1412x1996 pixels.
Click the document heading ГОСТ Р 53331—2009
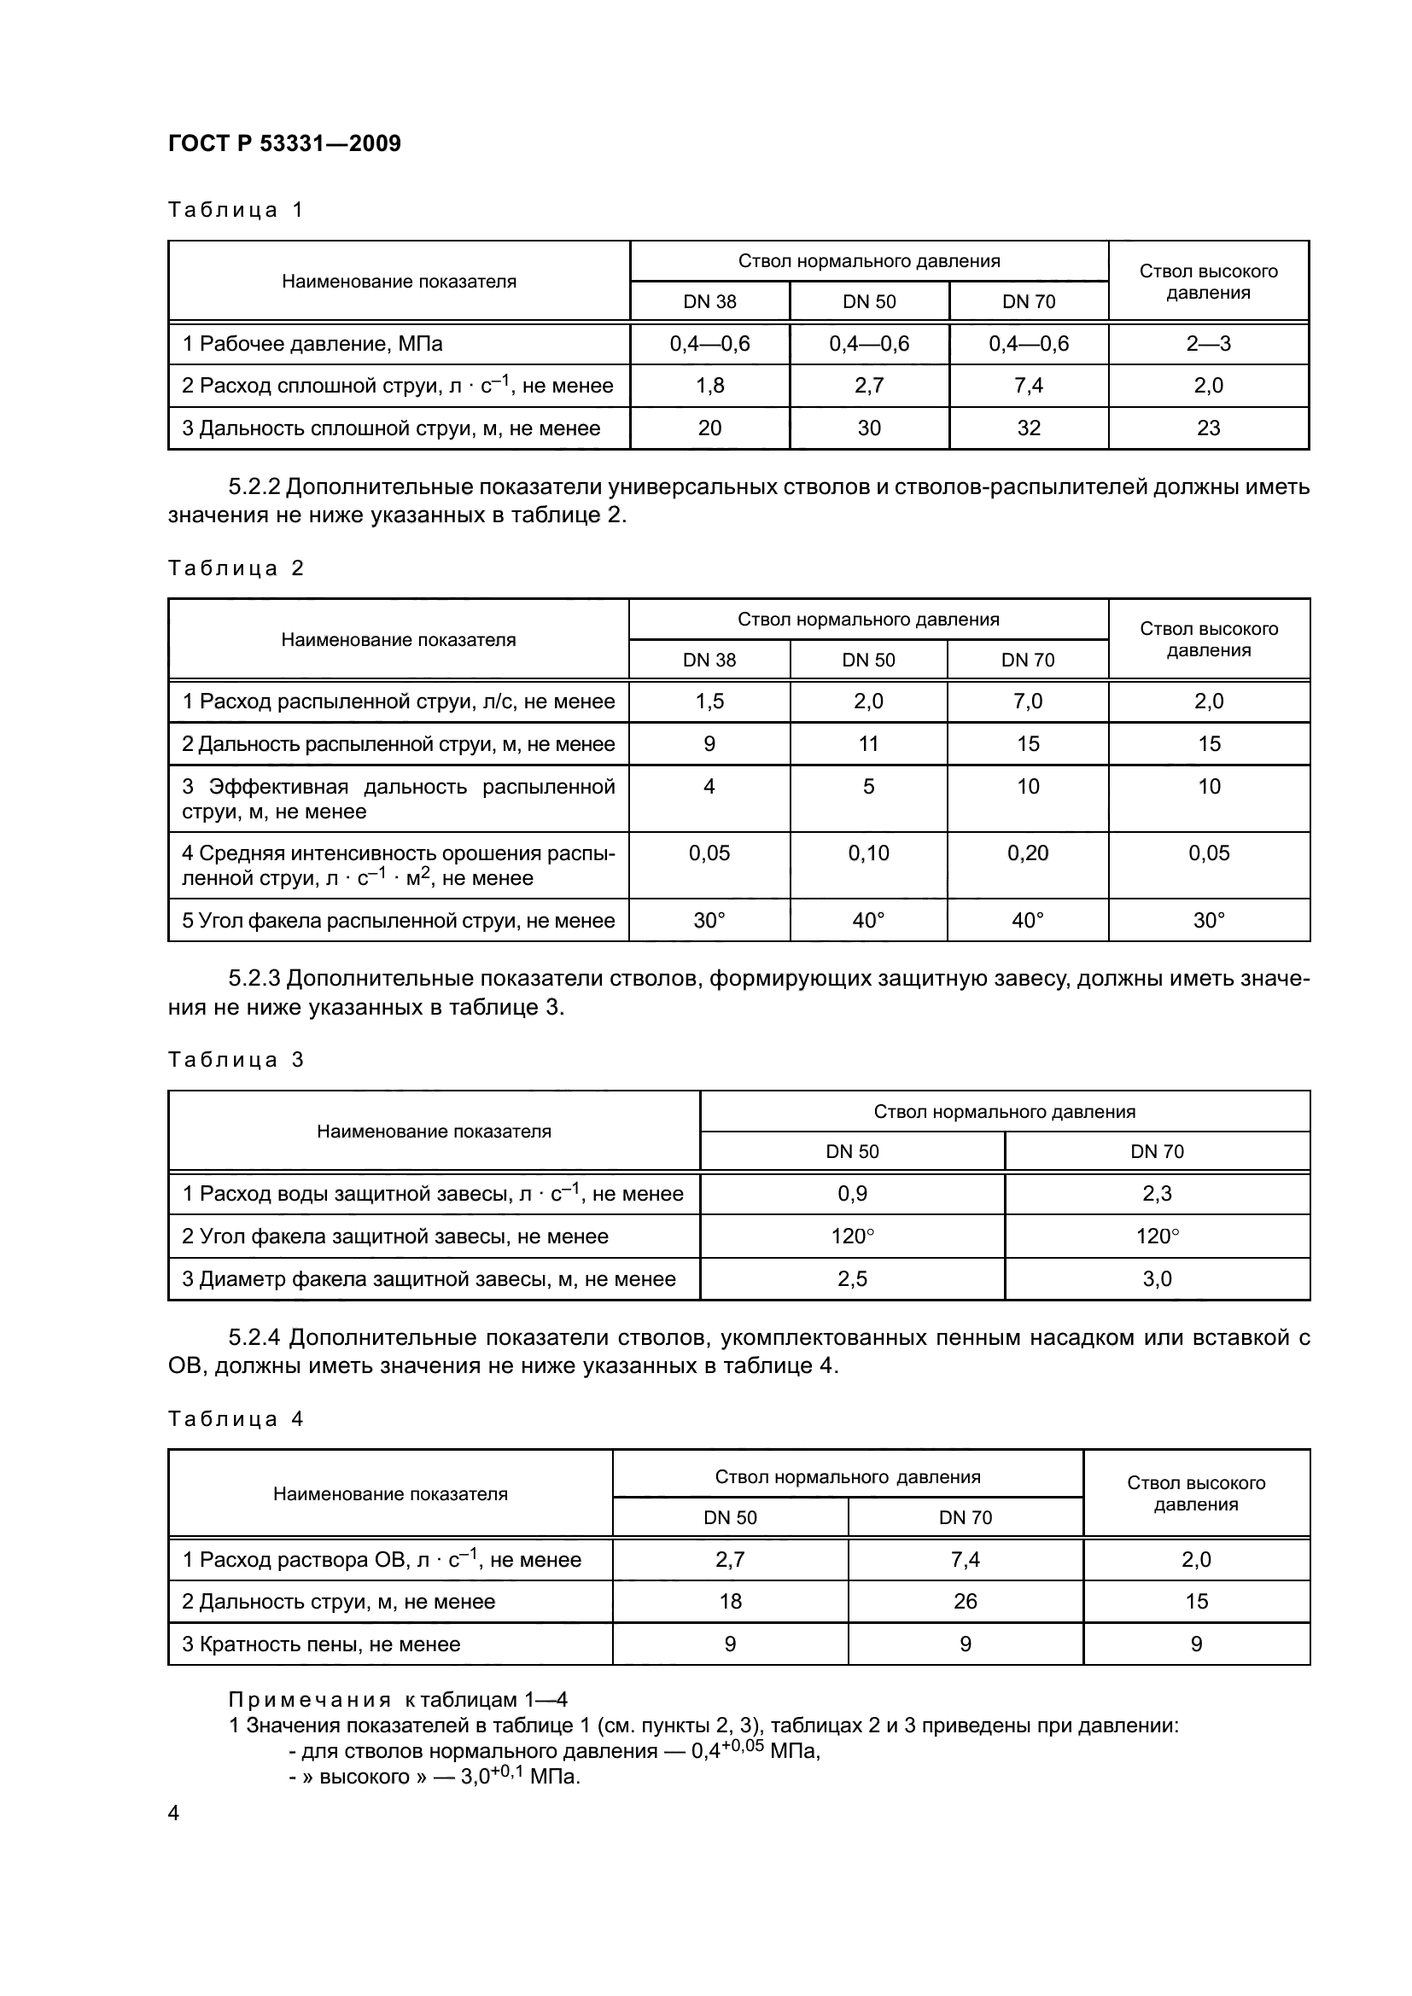284,143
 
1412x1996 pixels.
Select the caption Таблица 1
235,210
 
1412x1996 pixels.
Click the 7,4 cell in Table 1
1029,385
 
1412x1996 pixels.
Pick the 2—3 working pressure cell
1209,343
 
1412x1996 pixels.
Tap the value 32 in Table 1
1029,428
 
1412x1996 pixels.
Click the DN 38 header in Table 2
709,660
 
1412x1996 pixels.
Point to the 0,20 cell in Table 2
1028,853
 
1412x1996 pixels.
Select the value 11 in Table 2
868,743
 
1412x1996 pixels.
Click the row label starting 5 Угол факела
398,920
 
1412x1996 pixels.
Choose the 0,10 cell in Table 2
868,853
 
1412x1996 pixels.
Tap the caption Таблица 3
235,1060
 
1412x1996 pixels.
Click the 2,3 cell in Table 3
1157,1194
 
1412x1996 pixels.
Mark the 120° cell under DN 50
852,1237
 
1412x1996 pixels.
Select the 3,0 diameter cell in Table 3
1157,1279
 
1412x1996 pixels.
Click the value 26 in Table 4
966,1601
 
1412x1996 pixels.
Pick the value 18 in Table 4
731,1601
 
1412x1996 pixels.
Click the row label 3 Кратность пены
321,1644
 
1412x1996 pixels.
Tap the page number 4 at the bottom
174,1813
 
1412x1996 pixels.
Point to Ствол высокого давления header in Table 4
1196,1493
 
